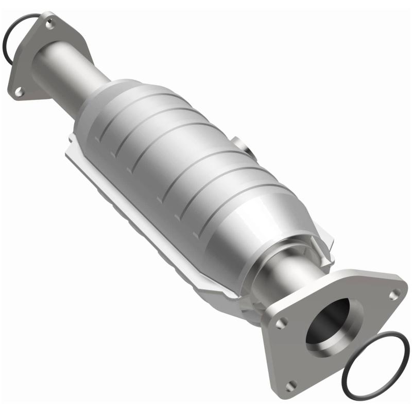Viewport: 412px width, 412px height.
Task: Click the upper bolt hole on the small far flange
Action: (x=49, y=23)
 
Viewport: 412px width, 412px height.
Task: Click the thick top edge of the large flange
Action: (x=335, y=278)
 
